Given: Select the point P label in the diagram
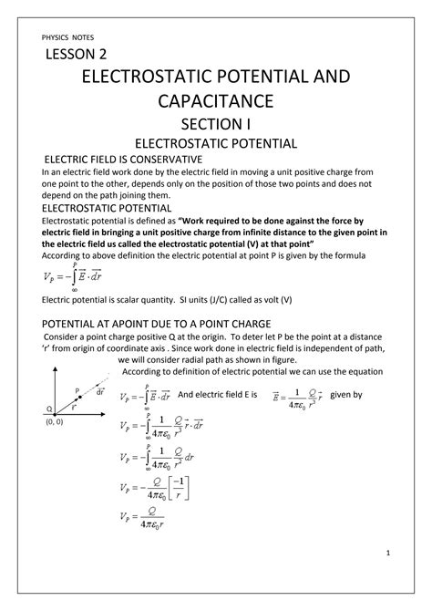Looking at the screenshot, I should (x=78, y=388).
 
